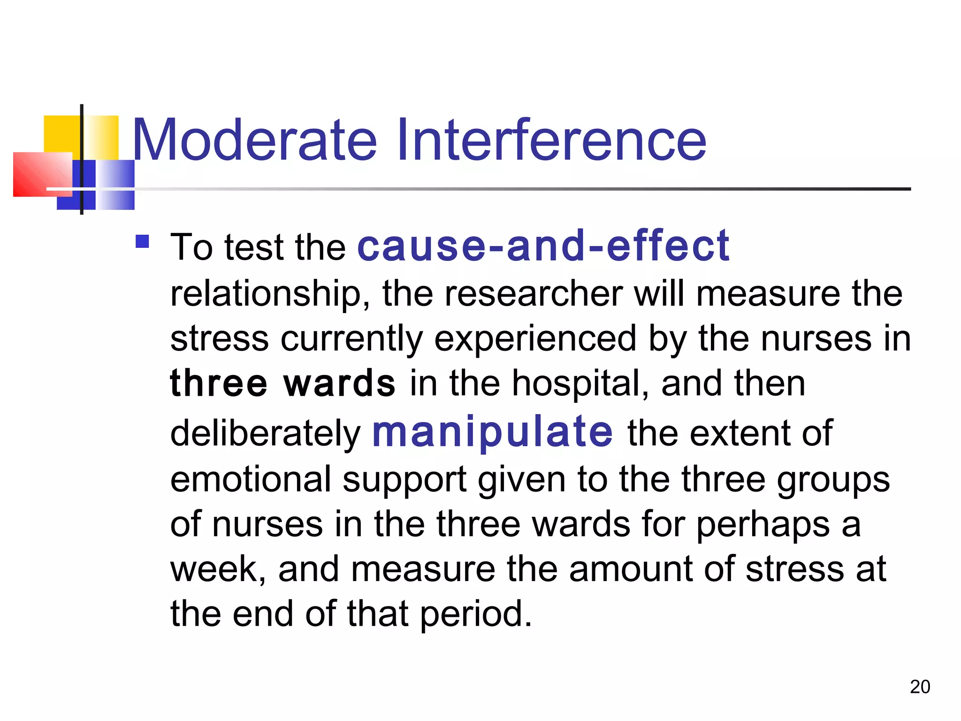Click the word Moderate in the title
[255, 140]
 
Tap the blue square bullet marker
[142, 241]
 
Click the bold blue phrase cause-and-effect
[543, 245]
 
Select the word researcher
[534, 294]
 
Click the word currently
[351, 339]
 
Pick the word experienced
[535, 339]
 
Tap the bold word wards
[340, 384]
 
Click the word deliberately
[265, 433]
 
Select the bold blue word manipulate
[492, 431]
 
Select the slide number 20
[920, 687]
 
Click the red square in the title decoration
[42, 174]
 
